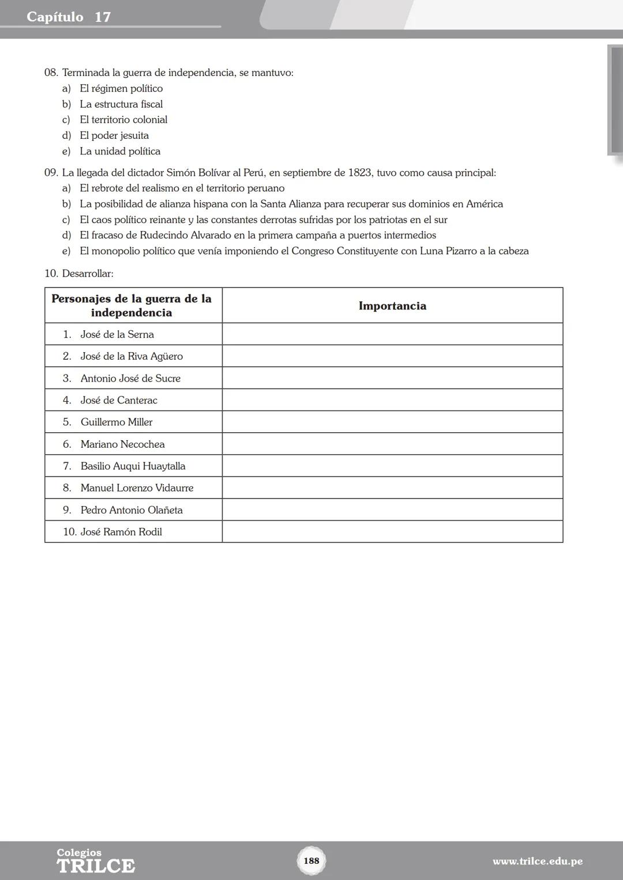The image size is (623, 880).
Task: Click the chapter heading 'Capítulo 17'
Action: [69, 17]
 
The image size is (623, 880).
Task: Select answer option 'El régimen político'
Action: [121, 88]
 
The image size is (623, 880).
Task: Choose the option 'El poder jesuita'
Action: [114, 135]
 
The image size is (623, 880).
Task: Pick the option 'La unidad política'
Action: [120, 151]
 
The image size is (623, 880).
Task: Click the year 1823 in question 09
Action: [359, 172]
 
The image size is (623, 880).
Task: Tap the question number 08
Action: [51, 73]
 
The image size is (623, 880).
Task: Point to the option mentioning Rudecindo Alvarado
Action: [258, 235]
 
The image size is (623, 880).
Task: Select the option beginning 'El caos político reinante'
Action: [264, 220]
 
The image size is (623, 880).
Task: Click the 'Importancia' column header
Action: [392, 305]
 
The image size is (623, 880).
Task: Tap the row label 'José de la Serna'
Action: [117, 334]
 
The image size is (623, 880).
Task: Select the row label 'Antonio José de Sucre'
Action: [130, 378]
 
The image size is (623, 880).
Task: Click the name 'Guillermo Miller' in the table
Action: [117, 422]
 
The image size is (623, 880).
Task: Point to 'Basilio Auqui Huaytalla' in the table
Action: [133, 466]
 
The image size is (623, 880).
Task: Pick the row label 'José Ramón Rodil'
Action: [121, 532]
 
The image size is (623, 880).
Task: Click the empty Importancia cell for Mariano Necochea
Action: [392, 444]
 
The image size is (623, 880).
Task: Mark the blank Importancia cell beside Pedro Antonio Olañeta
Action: [392, 510]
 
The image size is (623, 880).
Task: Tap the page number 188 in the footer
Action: [311, 860]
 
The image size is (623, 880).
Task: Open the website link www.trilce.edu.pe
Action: [537, 862]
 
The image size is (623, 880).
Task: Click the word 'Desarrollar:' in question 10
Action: [88, 273]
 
